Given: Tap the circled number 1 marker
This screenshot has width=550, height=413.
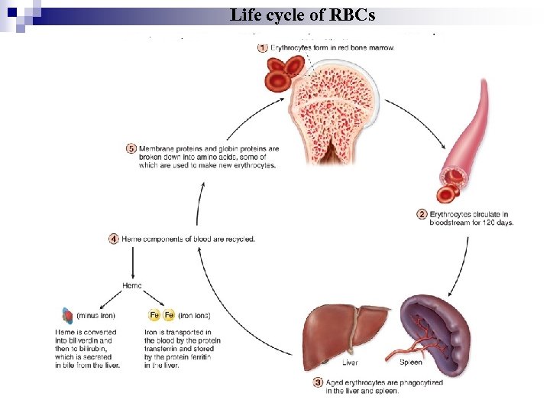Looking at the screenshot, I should point(263,48).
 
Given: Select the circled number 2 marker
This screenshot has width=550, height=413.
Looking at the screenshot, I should point(422,215).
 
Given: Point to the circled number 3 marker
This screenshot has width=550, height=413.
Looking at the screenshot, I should point(318,383).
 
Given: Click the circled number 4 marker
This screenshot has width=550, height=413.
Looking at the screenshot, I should point(114,239).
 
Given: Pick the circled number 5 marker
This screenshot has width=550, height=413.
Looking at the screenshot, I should point(131,149).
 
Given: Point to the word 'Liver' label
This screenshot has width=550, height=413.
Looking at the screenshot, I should point(350,363).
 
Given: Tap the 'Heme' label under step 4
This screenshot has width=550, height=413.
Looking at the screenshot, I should point(131,285).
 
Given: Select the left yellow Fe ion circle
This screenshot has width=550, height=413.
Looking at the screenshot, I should point(154,314).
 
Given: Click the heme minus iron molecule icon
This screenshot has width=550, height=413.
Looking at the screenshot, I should point(67,314).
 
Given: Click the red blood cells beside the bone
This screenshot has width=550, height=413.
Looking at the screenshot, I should point(280,73).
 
